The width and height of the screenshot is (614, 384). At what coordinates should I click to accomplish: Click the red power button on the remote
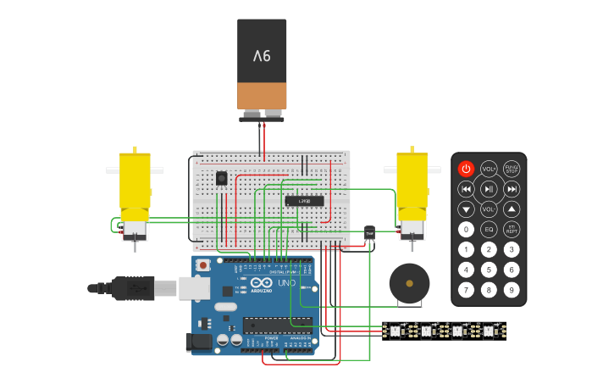point(466,169)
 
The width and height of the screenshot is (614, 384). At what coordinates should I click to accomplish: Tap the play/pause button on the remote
point(489,189)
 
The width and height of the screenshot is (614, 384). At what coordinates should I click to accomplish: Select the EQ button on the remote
point(489,229)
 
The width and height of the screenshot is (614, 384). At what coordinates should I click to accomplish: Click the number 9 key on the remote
point(512,290)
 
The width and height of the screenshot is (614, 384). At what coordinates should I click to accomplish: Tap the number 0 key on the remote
point(466,229)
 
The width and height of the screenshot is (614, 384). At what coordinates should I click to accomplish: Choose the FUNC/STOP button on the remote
point(512,169)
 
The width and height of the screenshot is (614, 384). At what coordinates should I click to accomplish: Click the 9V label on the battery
point(262,56)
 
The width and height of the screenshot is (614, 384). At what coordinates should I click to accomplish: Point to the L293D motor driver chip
point(304,201)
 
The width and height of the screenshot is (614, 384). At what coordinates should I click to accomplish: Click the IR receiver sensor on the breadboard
point(221,178)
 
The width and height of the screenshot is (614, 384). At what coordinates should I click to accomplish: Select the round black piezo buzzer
point(409,283)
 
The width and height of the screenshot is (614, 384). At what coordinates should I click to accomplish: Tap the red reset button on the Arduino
point(203,265)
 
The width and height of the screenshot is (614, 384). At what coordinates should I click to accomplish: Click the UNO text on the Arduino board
point(286,282)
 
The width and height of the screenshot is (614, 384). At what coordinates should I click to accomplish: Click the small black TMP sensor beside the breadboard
point(369,233)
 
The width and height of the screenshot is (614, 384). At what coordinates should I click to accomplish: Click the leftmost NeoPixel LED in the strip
point(395,331)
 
